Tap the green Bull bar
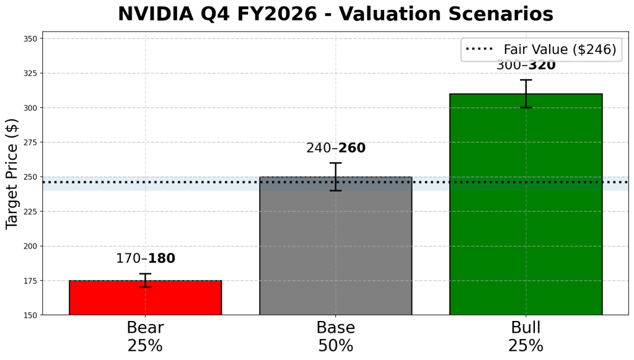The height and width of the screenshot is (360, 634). (x=526, y=204)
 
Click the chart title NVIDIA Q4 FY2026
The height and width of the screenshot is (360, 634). (x=335, y=14)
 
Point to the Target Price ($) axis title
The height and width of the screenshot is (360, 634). (x=12, y=173)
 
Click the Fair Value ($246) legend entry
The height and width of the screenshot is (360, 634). (x=541, y=50)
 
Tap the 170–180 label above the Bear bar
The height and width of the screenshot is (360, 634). (x=146, y=259)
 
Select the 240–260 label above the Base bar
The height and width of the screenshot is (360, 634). (x=336, y=149)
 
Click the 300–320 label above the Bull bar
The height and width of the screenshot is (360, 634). (x=526, y=66)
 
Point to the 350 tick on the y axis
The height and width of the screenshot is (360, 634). (x=29, y=38)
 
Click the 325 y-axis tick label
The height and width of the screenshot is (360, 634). (x=29, y=73)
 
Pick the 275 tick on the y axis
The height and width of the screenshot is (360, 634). (x=29, y=143)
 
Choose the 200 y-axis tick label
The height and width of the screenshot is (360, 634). (x=29, y=246)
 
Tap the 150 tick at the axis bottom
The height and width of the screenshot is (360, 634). (x=29, y=315)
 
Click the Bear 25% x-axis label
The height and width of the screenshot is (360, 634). (x=145, y=336)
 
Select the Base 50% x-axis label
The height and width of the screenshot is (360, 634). (x=335, y=336)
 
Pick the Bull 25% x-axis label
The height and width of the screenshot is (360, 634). (x=526, y=336)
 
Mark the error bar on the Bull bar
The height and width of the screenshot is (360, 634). (x=526, y=94)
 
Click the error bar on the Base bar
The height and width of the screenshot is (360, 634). (x=335, y=177)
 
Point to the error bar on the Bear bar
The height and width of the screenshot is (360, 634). (x=145, y=280)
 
